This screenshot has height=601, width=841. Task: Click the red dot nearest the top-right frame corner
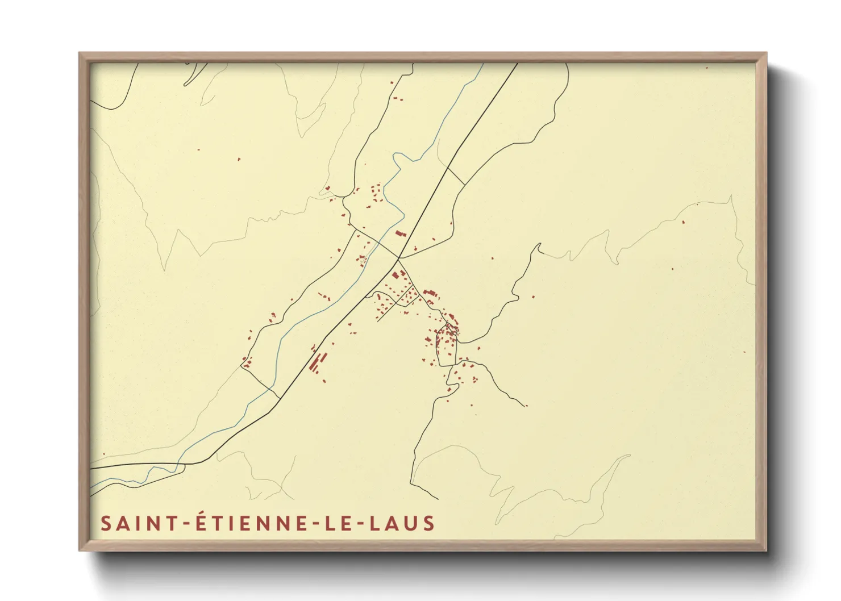coord(707,68)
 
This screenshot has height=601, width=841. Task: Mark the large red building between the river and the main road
coord(401,233)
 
